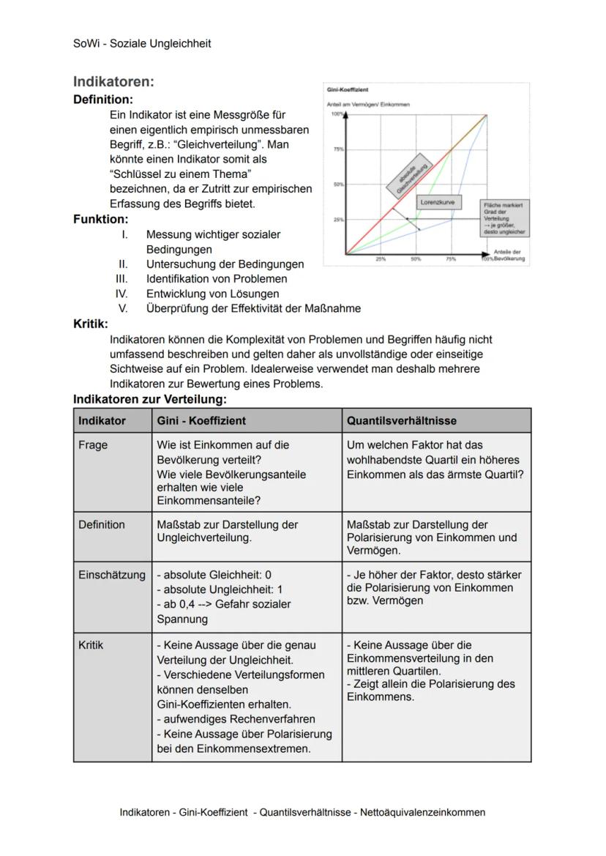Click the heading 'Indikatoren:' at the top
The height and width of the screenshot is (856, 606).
tap(113, 82)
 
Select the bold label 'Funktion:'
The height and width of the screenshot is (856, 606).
tap(101, 219)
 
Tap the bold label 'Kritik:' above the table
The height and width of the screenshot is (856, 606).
tap(91, 324)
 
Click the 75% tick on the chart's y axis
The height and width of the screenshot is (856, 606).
tap(338, 149)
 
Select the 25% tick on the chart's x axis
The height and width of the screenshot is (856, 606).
tap(381, 259)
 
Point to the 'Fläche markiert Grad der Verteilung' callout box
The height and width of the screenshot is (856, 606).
tap(504, 218)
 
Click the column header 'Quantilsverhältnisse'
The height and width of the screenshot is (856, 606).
tap(401, 421)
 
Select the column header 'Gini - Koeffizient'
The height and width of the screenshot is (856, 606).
tap(201, 421)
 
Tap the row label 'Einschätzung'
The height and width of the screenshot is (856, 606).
tap(112, 575)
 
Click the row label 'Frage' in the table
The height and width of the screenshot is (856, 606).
tap(93, 445)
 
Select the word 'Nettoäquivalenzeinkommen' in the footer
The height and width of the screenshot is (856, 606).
tap(422, 812)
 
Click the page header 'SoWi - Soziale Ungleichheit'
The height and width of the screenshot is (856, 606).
tap(142, 43)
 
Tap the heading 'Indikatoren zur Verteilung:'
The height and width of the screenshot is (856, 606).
tap(150, 399)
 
